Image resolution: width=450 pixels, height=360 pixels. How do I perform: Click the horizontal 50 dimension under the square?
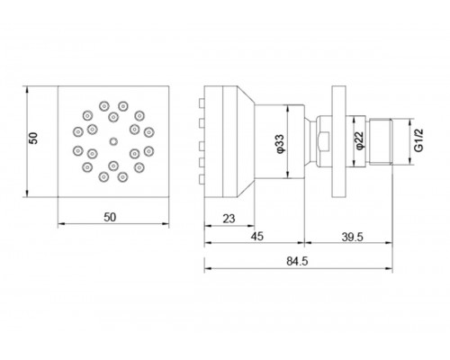coord(110,217)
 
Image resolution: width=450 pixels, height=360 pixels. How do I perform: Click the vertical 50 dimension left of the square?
coord(33,139)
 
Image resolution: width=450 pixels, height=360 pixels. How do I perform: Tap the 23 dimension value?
coord(229,219)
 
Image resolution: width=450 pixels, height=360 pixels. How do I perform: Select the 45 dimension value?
coord(257,237)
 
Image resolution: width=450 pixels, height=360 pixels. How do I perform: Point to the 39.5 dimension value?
coord(352,237)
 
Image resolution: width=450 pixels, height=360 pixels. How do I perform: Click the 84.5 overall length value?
coord(297,261)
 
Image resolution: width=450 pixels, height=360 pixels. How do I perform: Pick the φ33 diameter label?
coord(279,144)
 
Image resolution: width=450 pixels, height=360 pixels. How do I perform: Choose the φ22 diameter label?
coord(359,140)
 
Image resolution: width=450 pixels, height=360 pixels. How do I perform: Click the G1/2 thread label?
coord(418,140)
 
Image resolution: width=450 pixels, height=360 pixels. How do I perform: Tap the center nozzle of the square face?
coord(113,141)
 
